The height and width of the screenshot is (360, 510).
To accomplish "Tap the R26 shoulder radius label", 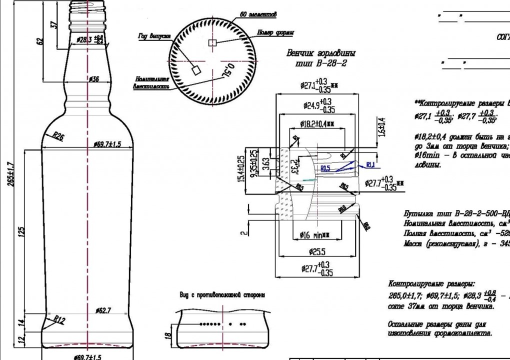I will pyautogui.click(x=58, y=136).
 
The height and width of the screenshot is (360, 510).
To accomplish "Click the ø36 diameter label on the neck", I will pyautogui.click(x=93, y=79).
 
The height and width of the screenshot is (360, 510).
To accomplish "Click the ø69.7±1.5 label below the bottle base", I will pyautogui.click(x=87, y=357).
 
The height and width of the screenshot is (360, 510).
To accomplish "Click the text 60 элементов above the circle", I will pyautogui.click(x=258, y=15).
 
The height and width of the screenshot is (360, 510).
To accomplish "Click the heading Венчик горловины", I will pyautogui.click(x=321, y=53).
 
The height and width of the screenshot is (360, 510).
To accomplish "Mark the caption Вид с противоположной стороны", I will pyautogui.click(x=222, y=294).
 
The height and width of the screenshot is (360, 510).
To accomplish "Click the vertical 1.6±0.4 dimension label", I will pyautogui.click(x=382, y=127).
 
